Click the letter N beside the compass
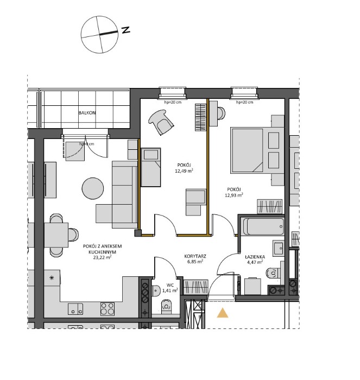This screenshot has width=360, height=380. pos(125,30)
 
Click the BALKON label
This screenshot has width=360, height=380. pos(87,113)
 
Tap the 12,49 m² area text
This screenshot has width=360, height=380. pos(184,170)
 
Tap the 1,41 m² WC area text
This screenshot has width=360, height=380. pos(169,290)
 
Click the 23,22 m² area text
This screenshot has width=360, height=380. pos(102,258)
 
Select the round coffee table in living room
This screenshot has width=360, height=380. pos(93,188)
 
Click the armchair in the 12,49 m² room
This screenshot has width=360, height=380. pos(161,122)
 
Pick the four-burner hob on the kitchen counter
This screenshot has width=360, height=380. pos(108,309)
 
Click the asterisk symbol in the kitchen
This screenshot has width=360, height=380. pos(52,278)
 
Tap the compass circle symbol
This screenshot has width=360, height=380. pos(99,35)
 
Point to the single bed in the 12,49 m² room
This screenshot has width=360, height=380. pos(150,167)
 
